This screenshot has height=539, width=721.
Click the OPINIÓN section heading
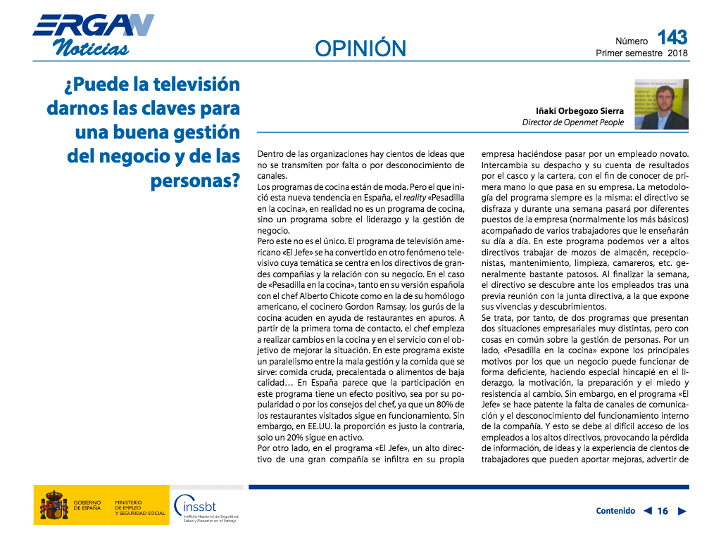(x=360, y=48)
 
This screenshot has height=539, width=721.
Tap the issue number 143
(x=672, y=37)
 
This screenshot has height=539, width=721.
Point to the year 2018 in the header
(x=678, y=53)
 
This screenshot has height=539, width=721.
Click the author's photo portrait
(x=661, y=104)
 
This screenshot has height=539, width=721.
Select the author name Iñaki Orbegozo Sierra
(x=579, y=110)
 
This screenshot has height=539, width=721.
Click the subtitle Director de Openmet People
(x=572, y=122)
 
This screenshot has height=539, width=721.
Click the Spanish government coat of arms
(x=54, y=505)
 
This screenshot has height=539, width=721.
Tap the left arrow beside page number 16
(x=647, y=512)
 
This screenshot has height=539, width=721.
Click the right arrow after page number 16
(x=682, y=512)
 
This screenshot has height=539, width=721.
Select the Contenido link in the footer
(x=615, y=511)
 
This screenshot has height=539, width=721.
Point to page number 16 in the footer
(x=663, y=512)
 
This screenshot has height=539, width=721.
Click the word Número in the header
(x=632, y=42)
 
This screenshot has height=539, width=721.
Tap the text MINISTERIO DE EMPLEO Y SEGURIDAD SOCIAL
(x=139, y=507)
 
